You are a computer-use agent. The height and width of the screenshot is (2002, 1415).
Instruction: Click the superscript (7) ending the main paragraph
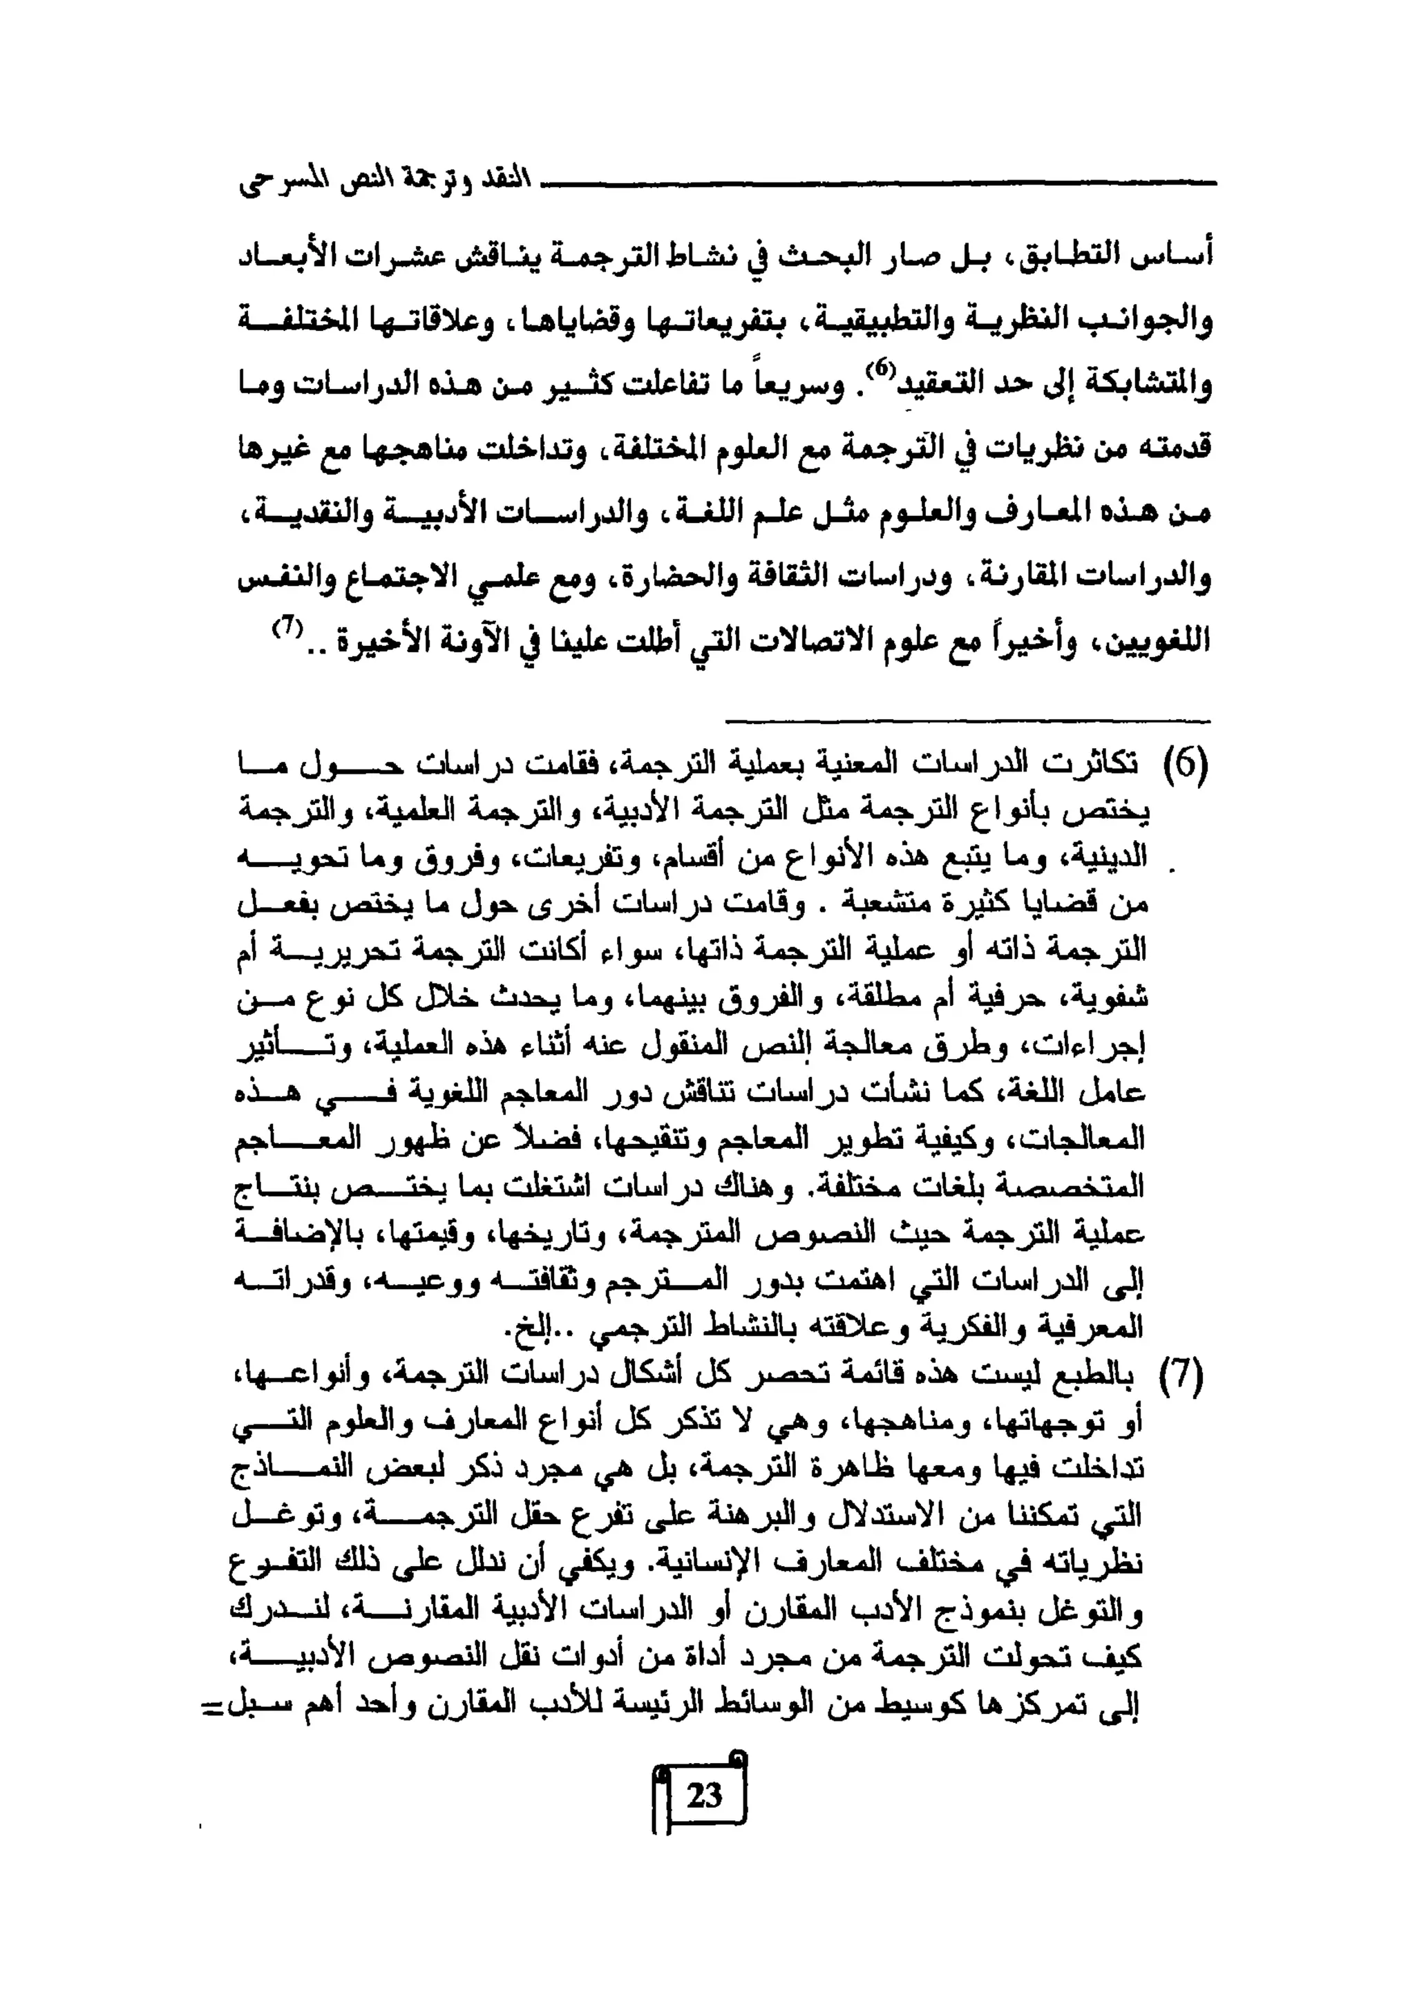287,625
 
